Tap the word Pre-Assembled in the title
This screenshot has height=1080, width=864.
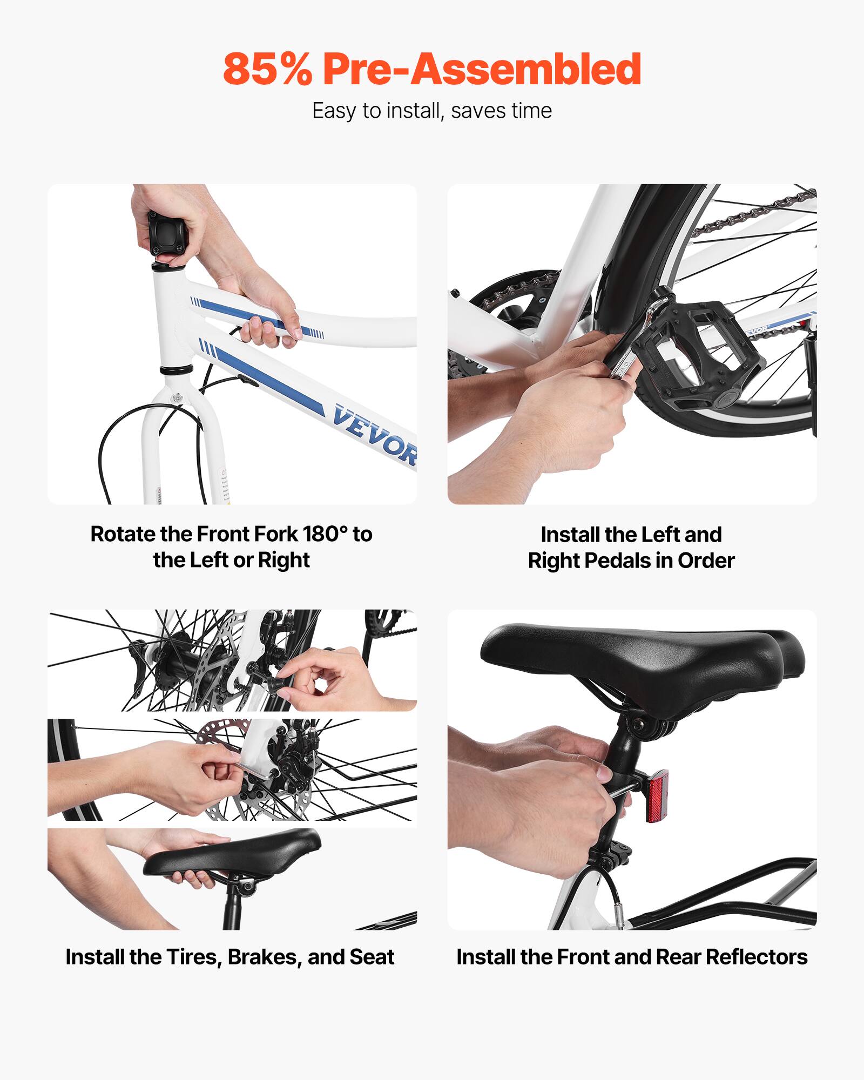click(x=482, y=69)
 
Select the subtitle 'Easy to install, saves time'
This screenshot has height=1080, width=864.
click(x=432, y=111)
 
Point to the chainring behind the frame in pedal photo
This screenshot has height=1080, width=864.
click(x=513, y=302)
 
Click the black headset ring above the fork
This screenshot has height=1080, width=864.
click(x=176, y=370)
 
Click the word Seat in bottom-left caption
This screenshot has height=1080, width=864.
click(x=372, y=957)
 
